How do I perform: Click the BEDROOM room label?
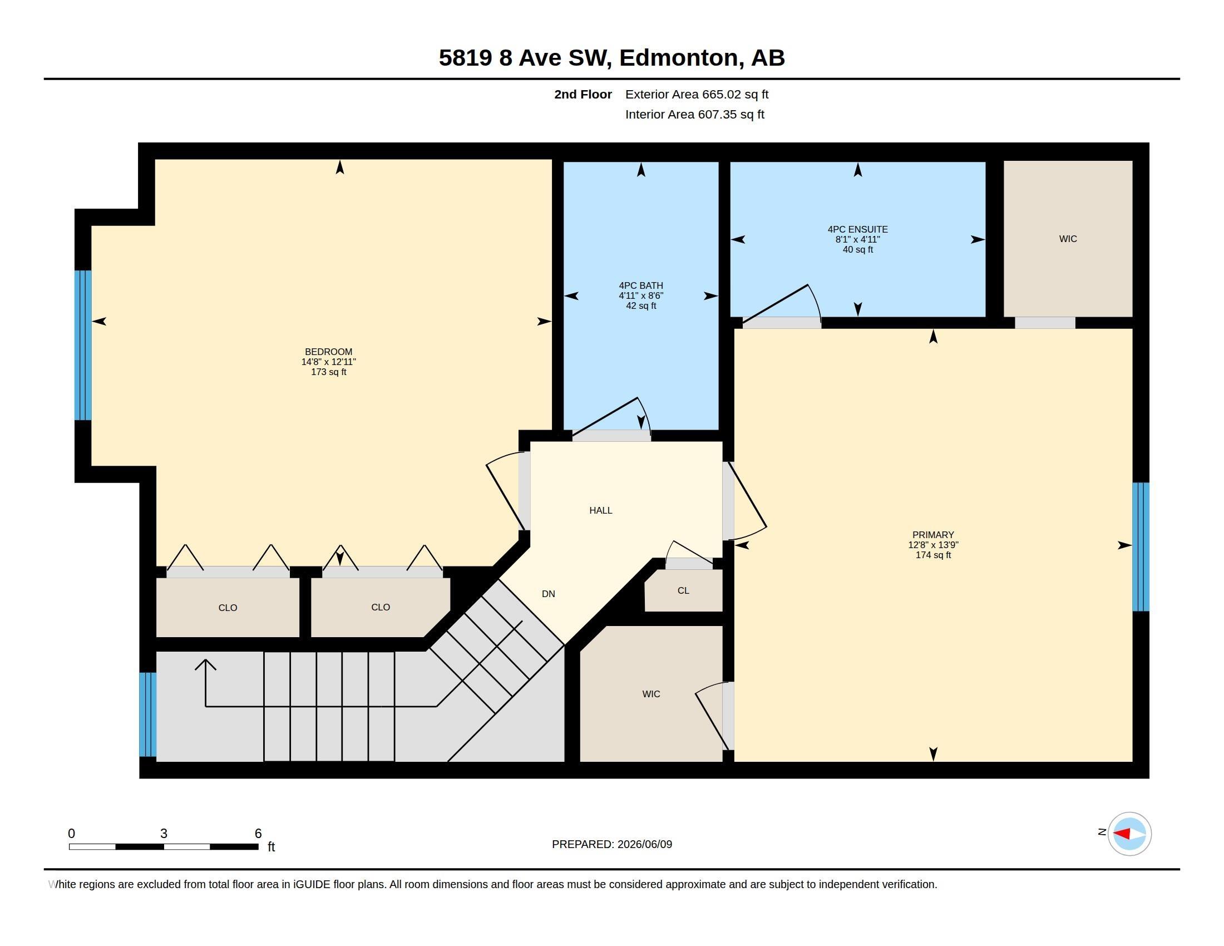[328, 352]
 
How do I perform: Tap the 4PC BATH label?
[640, 285]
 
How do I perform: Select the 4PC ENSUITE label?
[857, 229]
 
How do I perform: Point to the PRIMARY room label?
[933, 535]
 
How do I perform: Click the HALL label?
[601, 510]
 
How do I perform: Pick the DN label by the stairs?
[548, 594]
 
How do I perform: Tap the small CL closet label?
[683, 590]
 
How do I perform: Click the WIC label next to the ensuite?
[1068, 239]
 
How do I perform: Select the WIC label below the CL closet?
[652, 694]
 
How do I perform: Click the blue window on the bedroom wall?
[83, 345]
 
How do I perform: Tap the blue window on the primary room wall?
[1141, 547]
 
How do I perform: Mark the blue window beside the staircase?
[148, 715]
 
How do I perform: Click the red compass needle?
[1121, 834]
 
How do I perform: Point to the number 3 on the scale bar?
[164, 834]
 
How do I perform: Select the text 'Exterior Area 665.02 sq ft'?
[697, 95]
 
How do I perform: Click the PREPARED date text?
[612, 844]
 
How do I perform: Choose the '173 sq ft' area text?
[328, 372]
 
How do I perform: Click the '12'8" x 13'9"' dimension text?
[933, 545]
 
